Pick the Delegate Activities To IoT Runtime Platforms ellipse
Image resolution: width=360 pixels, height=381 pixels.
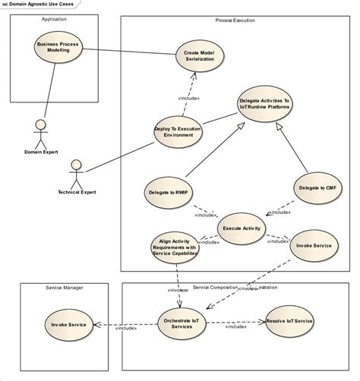(x=264, y=103)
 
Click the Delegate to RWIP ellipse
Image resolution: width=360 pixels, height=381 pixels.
(x=168, y=193)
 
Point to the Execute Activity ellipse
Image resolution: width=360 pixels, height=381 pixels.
(x=242, y=228)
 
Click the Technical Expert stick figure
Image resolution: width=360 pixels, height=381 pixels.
(x=74, y=174)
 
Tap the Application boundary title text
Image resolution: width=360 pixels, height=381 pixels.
(x=54, y=19)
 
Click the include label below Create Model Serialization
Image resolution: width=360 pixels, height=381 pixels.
(x=189, y=97)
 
